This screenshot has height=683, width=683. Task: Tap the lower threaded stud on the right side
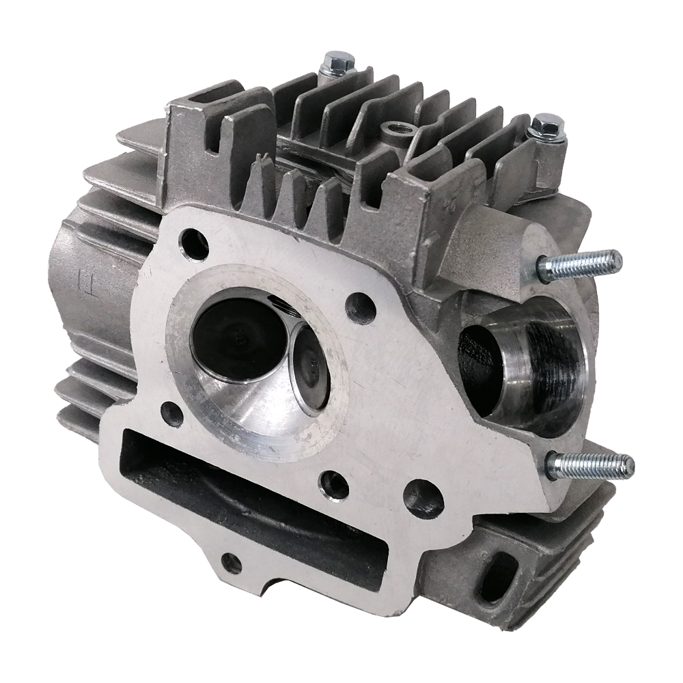click(x=591, y=467)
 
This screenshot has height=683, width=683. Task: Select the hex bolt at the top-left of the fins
click(x=334, y=63)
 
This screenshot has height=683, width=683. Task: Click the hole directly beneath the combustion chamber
click(x=334, y=483)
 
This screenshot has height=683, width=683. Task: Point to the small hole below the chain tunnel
click(x=232, y=563)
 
